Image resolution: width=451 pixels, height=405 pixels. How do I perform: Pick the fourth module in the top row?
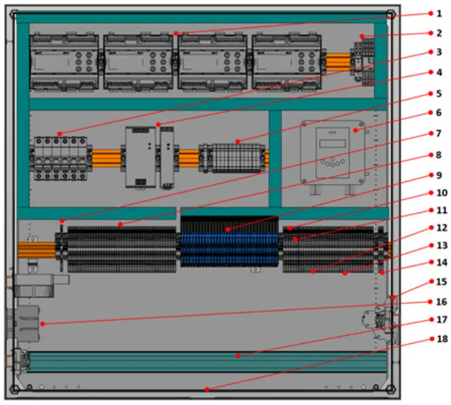point(286,62)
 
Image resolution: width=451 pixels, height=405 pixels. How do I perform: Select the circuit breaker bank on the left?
point(60,160)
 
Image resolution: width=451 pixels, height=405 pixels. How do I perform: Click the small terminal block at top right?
point(364,58)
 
